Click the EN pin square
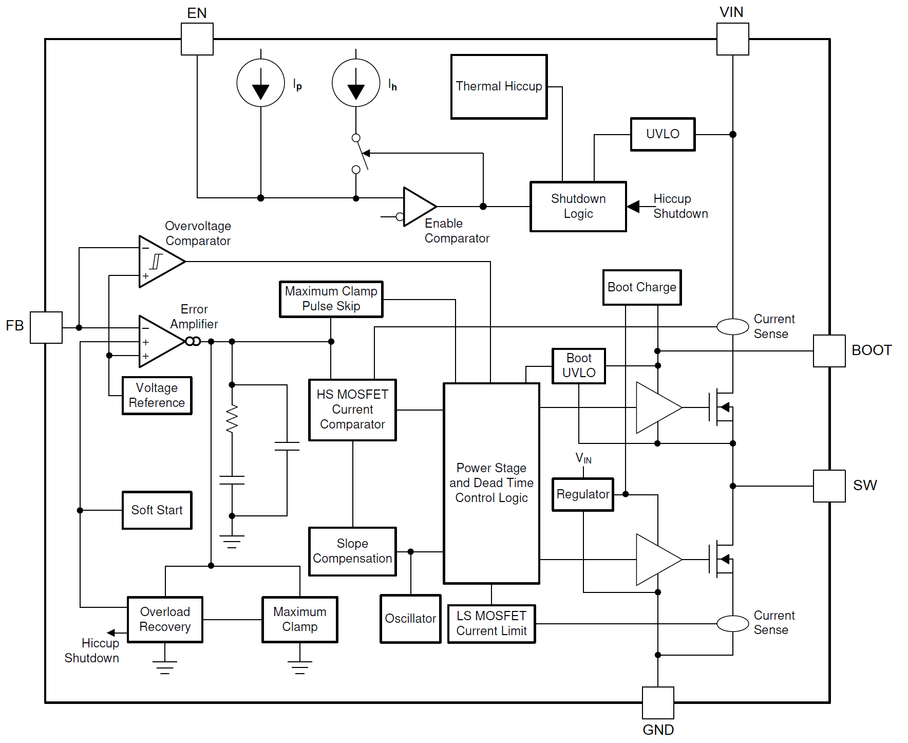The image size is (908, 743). click(x=197, y=39)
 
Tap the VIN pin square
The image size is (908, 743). click(x=732, y=39)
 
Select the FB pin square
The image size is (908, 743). click(x=46, y=327)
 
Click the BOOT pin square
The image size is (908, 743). click(x=829, y=351)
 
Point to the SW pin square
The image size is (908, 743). click(x=829, y=486)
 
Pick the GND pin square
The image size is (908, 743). click(x=658, y=702)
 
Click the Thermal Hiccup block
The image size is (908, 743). click(x=499, y=87)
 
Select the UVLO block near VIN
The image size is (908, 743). click(x=663, y=134)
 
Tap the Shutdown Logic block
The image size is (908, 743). click(x=578, y=207)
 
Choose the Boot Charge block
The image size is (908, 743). click(x=642, y=287)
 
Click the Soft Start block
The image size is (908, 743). click(x=157, y=510)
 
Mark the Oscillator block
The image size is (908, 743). click(x=410, y=619)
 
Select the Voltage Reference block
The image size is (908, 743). click(x=157, y=395)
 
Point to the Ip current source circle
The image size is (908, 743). click(x=260, y=83)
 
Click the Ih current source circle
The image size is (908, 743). click(x=356, y=83)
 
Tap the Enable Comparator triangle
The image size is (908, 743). click(x=418, y=207)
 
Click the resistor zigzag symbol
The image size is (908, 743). click(x=232, y=418)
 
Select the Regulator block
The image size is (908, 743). click(x=583, y=494)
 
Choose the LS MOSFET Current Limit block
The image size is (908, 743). click(x=491, y=624)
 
